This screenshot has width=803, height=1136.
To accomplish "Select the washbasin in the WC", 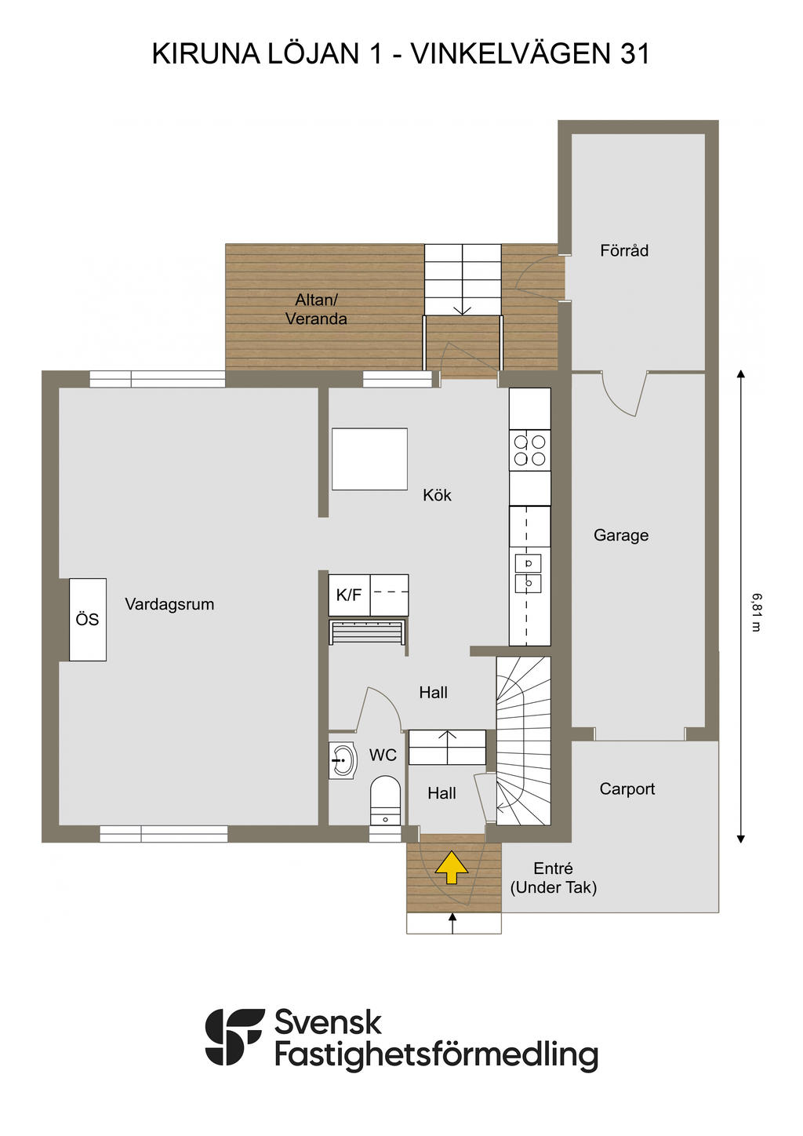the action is click(343, 760).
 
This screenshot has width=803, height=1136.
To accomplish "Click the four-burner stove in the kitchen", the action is click(529, 450).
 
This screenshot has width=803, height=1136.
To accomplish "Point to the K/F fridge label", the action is click(349, 595).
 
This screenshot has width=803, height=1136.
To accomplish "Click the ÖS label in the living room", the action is click(87, 619).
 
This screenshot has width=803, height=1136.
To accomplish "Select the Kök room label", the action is click(437, 495).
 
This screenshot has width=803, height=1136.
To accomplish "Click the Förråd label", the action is click(624, 250).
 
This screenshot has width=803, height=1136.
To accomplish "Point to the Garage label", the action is click(621, 536).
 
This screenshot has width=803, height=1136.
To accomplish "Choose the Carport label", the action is click(627, 789).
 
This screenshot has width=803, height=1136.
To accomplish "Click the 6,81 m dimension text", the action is click(757, 612).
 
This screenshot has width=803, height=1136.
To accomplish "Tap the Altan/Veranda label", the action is click(316, 309).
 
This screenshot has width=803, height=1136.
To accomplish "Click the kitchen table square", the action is click(369, 459).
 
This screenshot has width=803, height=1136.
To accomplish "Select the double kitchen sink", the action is click(529, 573).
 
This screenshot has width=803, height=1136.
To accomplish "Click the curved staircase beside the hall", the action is click(523, 741).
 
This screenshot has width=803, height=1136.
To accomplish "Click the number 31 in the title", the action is click(635, 54).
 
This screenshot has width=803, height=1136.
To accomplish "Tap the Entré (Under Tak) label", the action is click(553, 878).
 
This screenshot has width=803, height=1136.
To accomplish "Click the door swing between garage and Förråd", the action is click(624, 395).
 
